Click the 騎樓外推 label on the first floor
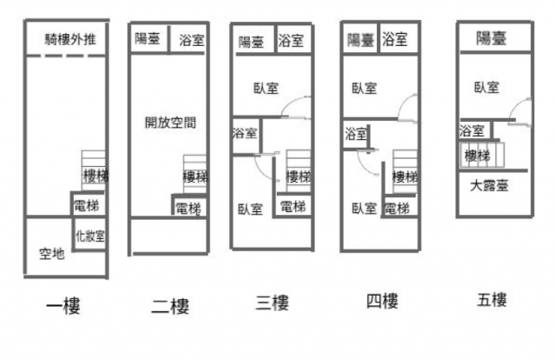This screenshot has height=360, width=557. pyautogui.click(x=70, y=39)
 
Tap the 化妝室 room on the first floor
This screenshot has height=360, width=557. pyautogui.click(x=90, y=235)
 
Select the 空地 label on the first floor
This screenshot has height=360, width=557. pyautogui.click(x=52, y=254)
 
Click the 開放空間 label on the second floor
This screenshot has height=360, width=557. pyautogui.click(x=171, y=123)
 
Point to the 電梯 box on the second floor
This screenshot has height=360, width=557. pyautogui.click(x=189, y=206)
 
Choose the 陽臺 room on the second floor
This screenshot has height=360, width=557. pyautogui.click(x=149, y=38)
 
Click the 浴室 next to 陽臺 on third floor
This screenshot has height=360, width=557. pyautogui.click(x=293, y=40)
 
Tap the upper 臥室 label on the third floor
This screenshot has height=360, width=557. pyautogui.click(x=266, y=88)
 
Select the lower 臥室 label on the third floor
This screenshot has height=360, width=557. pyautogui.click(x=250, y=209)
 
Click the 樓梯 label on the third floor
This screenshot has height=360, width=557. pyautogui.click(x=299, y=177)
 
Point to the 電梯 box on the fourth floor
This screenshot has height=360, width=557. pyautogui.click(x=399, y=206)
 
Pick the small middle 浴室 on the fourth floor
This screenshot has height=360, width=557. pyautogui.click(x=356, y=134)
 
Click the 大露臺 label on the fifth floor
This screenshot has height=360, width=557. pyautogui.click(x=489, y=185)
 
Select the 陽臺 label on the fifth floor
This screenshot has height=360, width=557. pyautogui.click(x=491, y=38)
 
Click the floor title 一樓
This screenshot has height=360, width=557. pyautogui.click(x=64, y=306)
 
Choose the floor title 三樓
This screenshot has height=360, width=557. pyautogui.click(x=272, y=303)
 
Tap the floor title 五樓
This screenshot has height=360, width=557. pyautogui.click(x=492, y=300)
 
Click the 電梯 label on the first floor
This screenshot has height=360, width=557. pyautogui.click(x=86, y=205)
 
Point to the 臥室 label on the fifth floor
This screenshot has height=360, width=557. pyautogui.click(x=487, y=87)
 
